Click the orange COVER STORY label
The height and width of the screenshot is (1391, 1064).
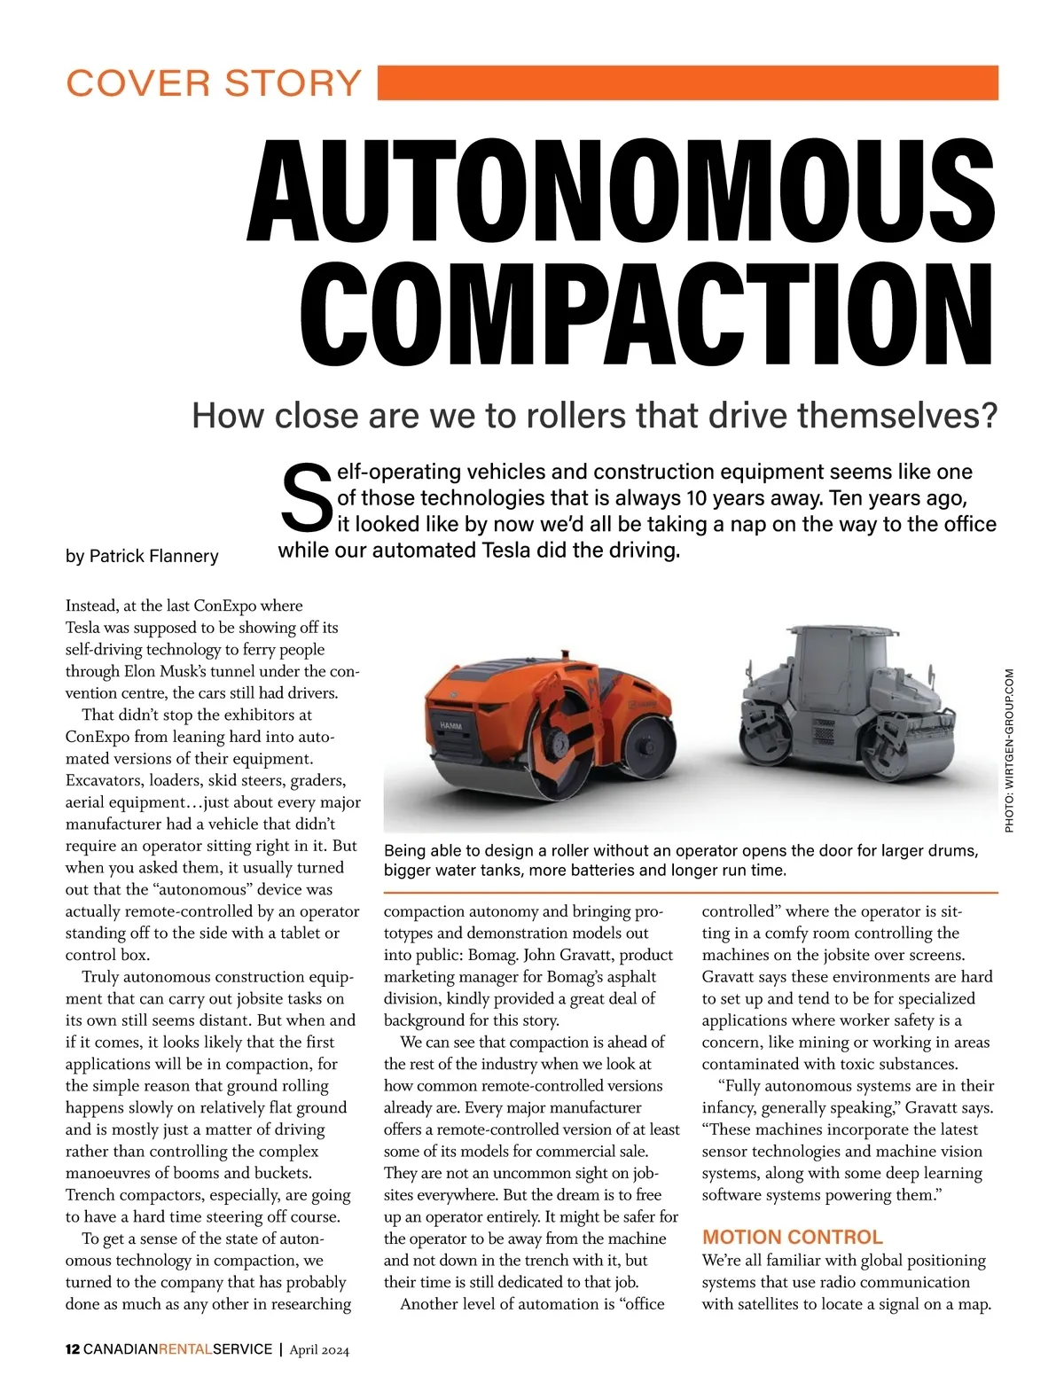pos(214,83)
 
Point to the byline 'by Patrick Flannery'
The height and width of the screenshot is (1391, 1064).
pos(142,556)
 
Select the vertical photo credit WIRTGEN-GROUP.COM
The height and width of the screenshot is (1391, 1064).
pos(1008,749)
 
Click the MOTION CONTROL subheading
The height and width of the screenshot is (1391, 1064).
pos(792,1237)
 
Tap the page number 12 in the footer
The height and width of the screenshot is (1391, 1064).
pos(73,1349)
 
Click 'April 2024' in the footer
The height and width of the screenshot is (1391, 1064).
pos(319,1350)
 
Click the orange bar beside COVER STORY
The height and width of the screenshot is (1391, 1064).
pos(688,82)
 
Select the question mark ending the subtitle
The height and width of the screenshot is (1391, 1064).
pos(990,415)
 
